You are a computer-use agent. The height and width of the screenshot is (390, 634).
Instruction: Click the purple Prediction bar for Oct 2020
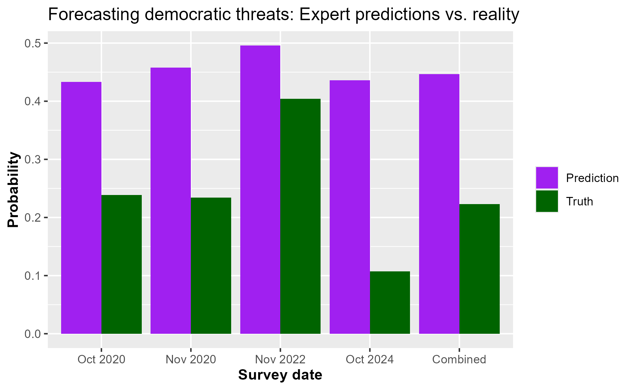81,208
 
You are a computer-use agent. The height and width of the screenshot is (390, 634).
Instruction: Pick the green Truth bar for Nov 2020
211,266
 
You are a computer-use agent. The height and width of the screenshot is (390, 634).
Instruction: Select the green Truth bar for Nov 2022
300,216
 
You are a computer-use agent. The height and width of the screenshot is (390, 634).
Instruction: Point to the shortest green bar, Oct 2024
390,302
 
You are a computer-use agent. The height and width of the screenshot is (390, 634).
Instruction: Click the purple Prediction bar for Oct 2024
350,207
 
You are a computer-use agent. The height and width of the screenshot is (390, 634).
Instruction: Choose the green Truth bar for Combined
480,269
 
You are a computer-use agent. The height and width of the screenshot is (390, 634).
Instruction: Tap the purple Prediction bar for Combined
439,204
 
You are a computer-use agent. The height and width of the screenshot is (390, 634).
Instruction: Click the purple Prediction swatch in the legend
547,178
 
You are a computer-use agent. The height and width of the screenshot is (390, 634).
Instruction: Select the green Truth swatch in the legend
547,201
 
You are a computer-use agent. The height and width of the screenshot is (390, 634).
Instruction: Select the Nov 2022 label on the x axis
280,359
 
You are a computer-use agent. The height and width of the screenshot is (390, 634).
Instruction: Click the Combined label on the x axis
459,359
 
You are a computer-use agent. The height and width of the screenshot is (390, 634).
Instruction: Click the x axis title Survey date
280,375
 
